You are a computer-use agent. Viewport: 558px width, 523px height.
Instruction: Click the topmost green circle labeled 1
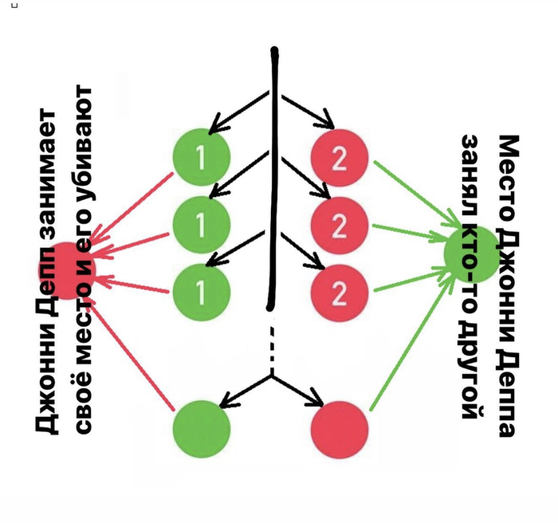pyautogui.click(x=201, y=157)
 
